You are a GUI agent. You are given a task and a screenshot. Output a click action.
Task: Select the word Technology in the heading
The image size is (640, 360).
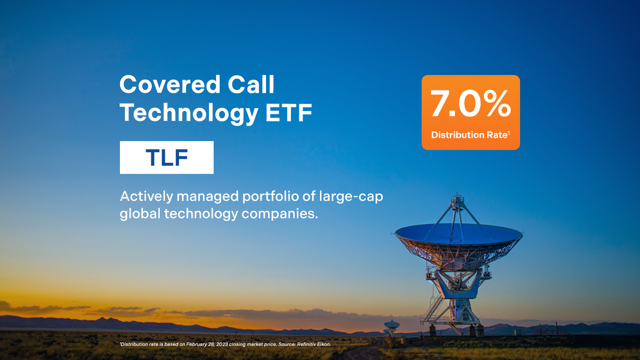(189, 113)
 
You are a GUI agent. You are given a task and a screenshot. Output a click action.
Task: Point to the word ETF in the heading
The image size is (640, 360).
(289, 112)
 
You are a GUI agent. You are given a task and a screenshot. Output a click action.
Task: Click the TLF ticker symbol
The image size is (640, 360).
(167, 157)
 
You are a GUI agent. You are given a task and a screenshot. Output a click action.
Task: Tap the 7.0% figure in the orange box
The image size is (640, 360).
(470, 103)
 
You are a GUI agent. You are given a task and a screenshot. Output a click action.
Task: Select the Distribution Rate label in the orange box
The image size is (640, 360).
(470, 135)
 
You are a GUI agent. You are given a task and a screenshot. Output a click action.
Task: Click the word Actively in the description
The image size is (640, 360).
(147, 196)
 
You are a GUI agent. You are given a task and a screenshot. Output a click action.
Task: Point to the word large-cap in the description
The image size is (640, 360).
(351, 196)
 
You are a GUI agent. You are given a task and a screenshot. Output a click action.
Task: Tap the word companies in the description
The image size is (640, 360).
(280, 214)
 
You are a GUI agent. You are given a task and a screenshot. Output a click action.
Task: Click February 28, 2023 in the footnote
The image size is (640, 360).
(207, 344)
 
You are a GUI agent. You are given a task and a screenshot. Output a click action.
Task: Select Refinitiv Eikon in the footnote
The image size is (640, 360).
(314, 344)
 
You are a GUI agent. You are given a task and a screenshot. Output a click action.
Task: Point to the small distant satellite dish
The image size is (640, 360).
(391, 325)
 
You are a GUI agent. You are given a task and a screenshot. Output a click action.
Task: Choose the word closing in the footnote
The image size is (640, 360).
(238, 345)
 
